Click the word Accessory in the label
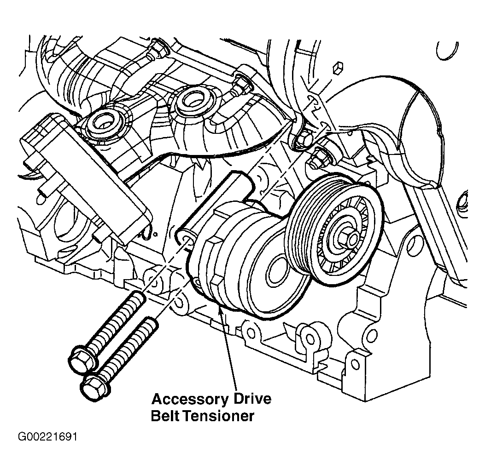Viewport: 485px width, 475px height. click(x=190, y=399)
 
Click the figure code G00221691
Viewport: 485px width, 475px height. click(x=47, y=437)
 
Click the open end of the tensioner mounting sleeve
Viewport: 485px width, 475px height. click(x=185, y=238)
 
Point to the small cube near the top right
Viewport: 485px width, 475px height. click(x=338, y=69)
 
